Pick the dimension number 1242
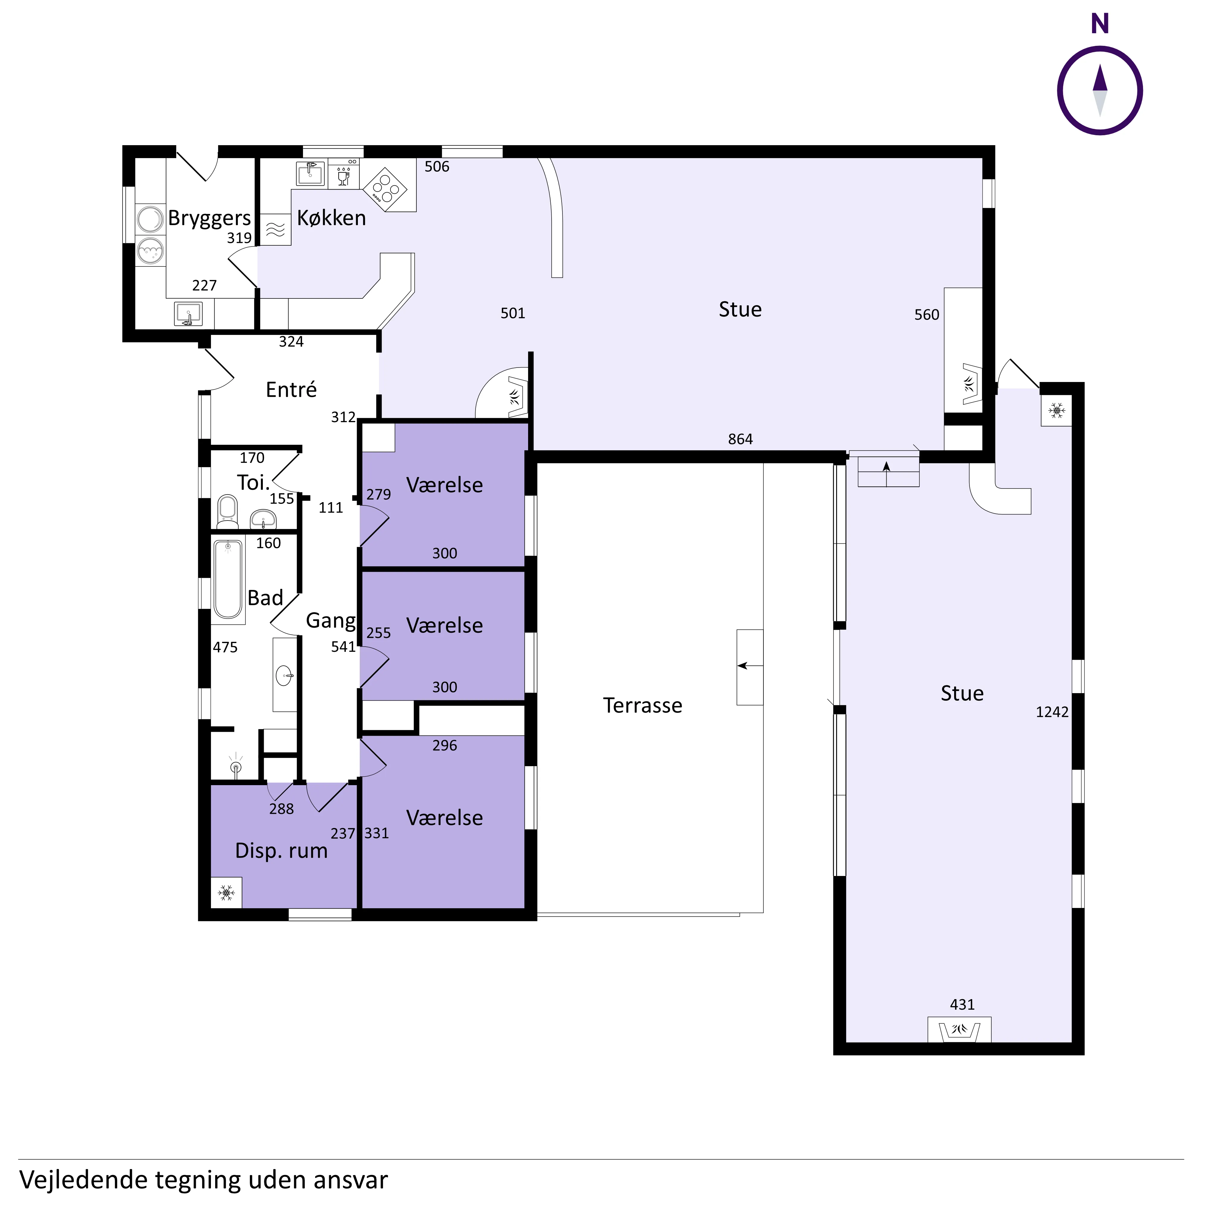(1052, 712)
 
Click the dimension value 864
(740, 439)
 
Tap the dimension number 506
(437, 167)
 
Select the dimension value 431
(962, 1005)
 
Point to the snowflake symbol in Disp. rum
(226, 892)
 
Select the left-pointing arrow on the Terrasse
(750, 666)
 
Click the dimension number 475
(225, 647)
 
